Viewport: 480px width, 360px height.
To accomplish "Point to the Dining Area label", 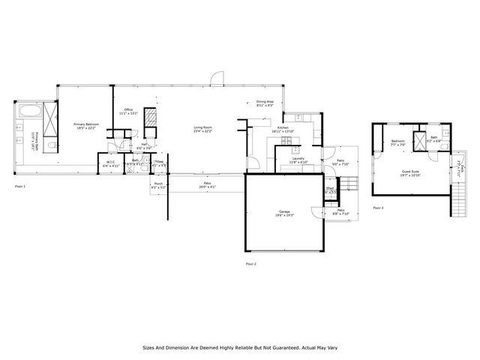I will click(x=265, y=102).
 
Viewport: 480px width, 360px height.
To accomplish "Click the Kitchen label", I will click(x=283, y=127).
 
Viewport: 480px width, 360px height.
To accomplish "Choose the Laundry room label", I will click(x=298, y=159).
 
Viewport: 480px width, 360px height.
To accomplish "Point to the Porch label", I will click(x=158, y=184).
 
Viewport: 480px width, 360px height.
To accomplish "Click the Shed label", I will click(x=330, y=189).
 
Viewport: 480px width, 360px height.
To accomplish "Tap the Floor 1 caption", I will click(x=19, y=185).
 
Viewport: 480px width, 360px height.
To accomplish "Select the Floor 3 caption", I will click(x=377, y=208).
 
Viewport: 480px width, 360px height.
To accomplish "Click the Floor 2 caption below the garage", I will click(x=250, y=264).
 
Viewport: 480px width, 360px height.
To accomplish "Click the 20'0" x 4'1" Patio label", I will click(x=208, y=184).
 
